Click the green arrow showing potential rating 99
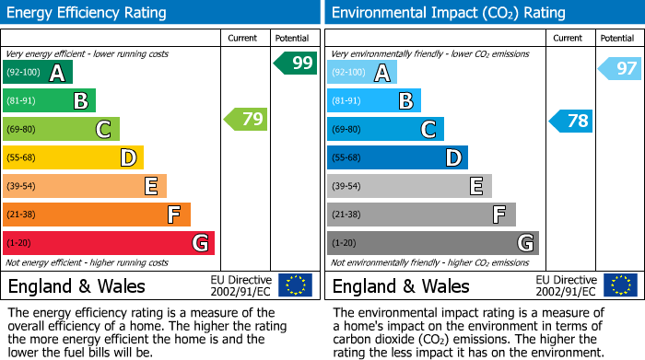(296, 64)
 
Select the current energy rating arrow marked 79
(245, 119)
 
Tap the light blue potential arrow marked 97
(620, 68)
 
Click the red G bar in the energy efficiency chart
(108, 243)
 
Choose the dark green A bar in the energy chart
(37, 73)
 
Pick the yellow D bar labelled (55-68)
(73, 157)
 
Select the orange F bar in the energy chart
(96, 215)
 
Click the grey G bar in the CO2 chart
(432, 243)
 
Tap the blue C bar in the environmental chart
(384, 129)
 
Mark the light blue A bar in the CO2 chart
(361, 73)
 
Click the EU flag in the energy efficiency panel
(295, 285)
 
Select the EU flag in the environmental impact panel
(619, 285)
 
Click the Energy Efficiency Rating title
(88, 13)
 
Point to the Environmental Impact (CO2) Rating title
(448, 13)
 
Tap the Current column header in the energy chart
(244, 38)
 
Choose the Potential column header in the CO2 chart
(617, 38)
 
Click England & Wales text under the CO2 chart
(401, 285)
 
